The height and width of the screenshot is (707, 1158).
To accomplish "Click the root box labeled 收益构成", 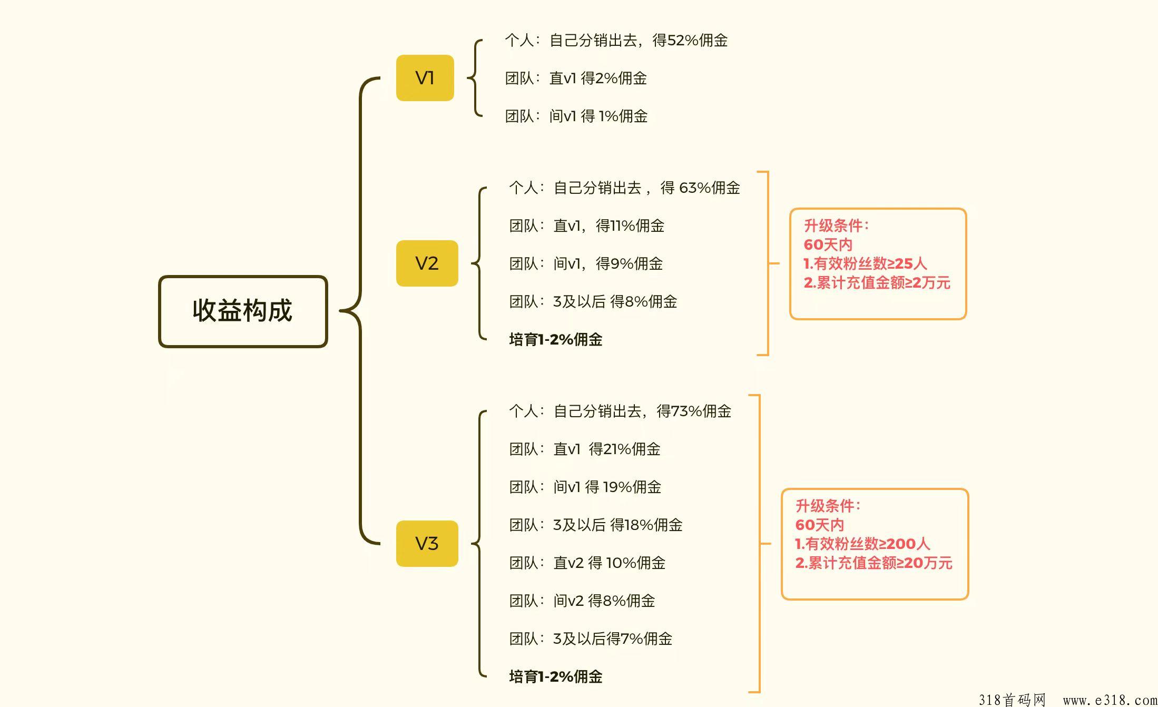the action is [x=243, y=311].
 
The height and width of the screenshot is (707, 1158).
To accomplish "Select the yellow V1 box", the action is [x=425, y=78].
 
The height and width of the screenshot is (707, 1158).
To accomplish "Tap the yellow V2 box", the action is [x=427, y=263].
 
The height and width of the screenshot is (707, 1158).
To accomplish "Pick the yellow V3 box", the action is [x=427, y=544].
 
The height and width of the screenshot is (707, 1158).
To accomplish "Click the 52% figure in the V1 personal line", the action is [x=683, y=41].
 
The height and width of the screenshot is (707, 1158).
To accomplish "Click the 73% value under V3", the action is [x=686, y=411].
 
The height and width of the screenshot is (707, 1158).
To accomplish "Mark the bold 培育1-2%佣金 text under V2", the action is [x=556, y=340].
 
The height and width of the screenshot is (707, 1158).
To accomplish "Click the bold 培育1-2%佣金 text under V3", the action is [x=556, y=677].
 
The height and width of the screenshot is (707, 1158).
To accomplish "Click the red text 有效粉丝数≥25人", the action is [x=870, y=264].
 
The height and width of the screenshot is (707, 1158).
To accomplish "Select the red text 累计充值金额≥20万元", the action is [x=880, y=563].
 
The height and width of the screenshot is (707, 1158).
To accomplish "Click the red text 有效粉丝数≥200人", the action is [x=868, y=544].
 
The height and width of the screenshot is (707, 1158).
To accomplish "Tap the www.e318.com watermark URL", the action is [x=1110, y=700].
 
